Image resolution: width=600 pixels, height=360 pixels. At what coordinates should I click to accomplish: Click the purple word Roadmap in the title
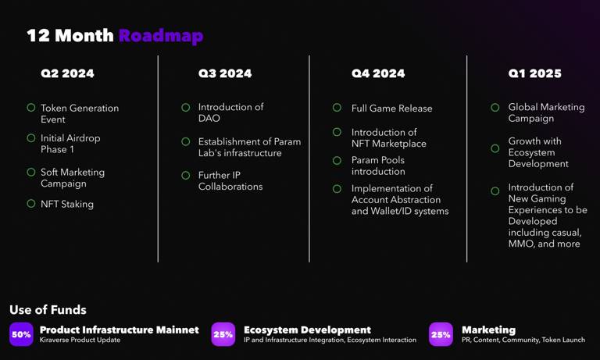point(161,36)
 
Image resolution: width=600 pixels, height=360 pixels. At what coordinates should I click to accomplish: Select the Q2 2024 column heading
point(67,73)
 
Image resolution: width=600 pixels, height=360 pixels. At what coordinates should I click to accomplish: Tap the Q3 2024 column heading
point(225,73)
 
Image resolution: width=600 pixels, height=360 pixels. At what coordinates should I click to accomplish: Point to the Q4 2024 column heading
point(378,73)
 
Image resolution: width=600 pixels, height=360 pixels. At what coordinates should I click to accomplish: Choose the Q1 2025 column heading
point(534,73)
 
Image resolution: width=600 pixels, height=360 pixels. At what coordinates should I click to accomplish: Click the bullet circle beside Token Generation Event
point(31,108)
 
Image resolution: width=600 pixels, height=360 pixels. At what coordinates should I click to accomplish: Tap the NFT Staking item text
point(67,204)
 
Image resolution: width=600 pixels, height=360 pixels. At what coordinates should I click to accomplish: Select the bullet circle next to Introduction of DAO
point(186,108)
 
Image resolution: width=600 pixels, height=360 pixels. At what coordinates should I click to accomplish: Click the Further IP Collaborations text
point(230,180)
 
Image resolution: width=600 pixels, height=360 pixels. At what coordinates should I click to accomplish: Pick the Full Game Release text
point(392,109)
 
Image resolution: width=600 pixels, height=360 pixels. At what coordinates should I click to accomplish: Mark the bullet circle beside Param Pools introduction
point(337,160)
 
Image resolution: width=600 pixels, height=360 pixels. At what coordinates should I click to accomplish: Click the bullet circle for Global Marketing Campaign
point(495,108)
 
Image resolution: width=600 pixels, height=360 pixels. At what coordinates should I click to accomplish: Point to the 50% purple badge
point(21,334)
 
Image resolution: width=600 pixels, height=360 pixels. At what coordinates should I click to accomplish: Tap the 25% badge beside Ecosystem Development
point(223,334)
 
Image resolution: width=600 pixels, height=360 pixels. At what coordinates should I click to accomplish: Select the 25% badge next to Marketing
point(441,334)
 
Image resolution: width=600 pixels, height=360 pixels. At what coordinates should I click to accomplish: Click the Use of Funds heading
point(48,309)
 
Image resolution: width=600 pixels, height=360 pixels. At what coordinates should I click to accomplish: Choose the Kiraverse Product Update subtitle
point(80,340)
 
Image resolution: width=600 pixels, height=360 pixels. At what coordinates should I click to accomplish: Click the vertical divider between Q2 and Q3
point(158,159)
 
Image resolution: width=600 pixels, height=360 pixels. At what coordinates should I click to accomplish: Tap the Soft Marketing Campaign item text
point(73,177)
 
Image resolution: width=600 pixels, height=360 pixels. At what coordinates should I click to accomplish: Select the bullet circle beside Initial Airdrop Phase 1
point(31,137)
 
